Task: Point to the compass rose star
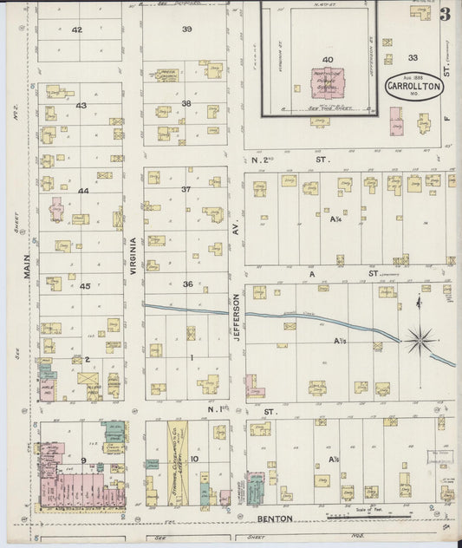tap(420, 339)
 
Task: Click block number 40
tap(327, 59)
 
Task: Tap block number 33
tap(413, 58)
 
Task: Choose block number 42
tap(77, 29)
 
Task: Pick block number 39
tap(186, 29)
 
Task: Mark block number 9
tap(83, 460)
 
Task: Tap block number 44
tap(83, 191)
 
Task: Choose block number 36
tap(186, 284)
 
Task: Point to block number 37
tap(185, 189)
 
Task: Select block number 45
tap(85, 285)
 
